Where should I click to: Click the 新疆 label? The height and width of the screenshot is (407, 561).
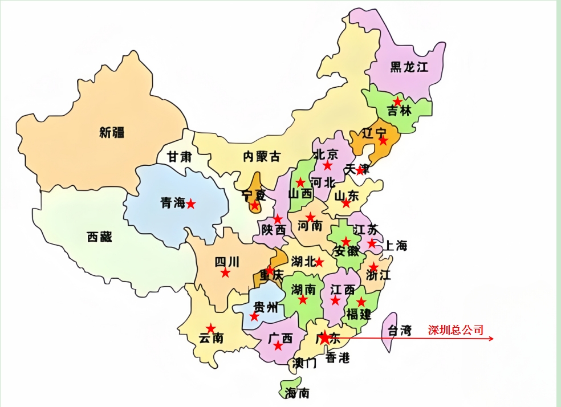(x=112, y=133)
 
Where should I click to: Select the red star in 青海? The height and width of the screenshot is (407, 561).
(x=191, y=203)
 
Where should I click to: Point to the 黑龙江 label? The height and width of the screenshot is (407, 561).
(x=409, y=67)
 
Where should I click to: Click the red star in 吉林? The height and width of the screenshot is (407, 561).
(x=397, y=101)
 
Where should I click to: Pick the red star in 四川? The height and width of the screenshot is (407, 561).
(x=225, y=273)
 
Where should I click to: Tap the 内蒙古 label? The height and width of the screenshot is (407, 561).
(x=262, y=156)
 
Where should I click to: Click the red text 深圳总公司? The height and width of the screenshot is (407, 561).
(x=456, y=330)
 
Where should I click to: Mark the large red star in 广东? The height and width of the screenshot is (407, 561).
(x=324, y=338)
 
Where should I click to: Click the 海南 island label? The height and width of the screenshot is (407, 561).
(x=297, y=393)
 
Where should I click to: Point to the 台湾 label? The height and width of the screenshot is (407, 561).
(x=400, y=331)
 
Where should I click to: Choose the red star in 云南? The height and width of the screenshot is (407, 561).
(x=211, y=328)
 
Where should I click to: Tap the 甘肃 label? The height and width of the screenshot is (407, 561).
(x=178, y=156)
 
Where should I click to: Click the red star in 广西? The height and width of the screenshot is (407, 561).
(x=278, y=346)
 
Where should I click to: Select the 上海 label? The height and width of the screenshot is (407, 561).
(x=395, y=246)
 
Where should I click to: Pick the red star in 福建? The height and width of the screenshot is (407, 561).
(x=361, y=302)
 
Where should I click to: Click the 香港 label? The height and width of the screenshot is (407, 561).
(x=338, y=358)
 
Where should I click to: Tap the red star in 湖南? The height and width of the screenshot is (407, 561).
(x=303, y=299)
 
